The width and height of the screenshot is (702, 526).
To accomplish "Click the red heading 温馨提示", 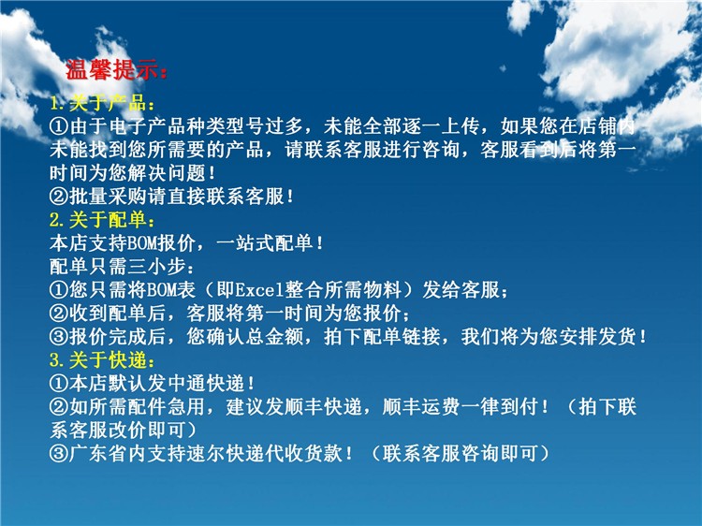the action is [116, 70].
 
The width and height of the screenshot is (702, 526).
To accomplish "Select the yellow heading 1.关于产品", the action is [102, 103].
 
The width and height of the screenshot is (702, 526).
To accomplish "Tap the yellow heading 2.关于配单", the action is [102, 220].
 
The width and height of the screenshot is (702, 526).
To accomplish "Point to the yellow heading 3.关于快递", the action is [102, 360].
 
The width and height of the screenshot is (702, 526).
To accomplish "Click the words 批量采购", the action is [109, 197].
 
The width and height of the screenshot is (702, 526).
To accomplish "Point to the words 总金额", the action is [274, 337].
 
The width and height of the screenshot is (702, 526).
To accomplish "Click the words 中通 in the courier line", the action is [186, 384].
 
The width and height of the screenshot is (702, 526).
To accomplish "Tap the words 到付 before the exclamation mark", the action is [519, 407].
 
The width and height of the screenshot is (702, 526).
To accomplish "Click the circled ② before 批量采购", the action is [59, 197].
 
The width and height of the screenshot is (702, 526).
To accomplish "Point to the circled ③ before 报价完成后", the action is [59, 337].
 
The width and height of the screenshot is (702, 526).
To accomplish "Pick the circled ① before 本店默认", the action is [59, 384].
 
